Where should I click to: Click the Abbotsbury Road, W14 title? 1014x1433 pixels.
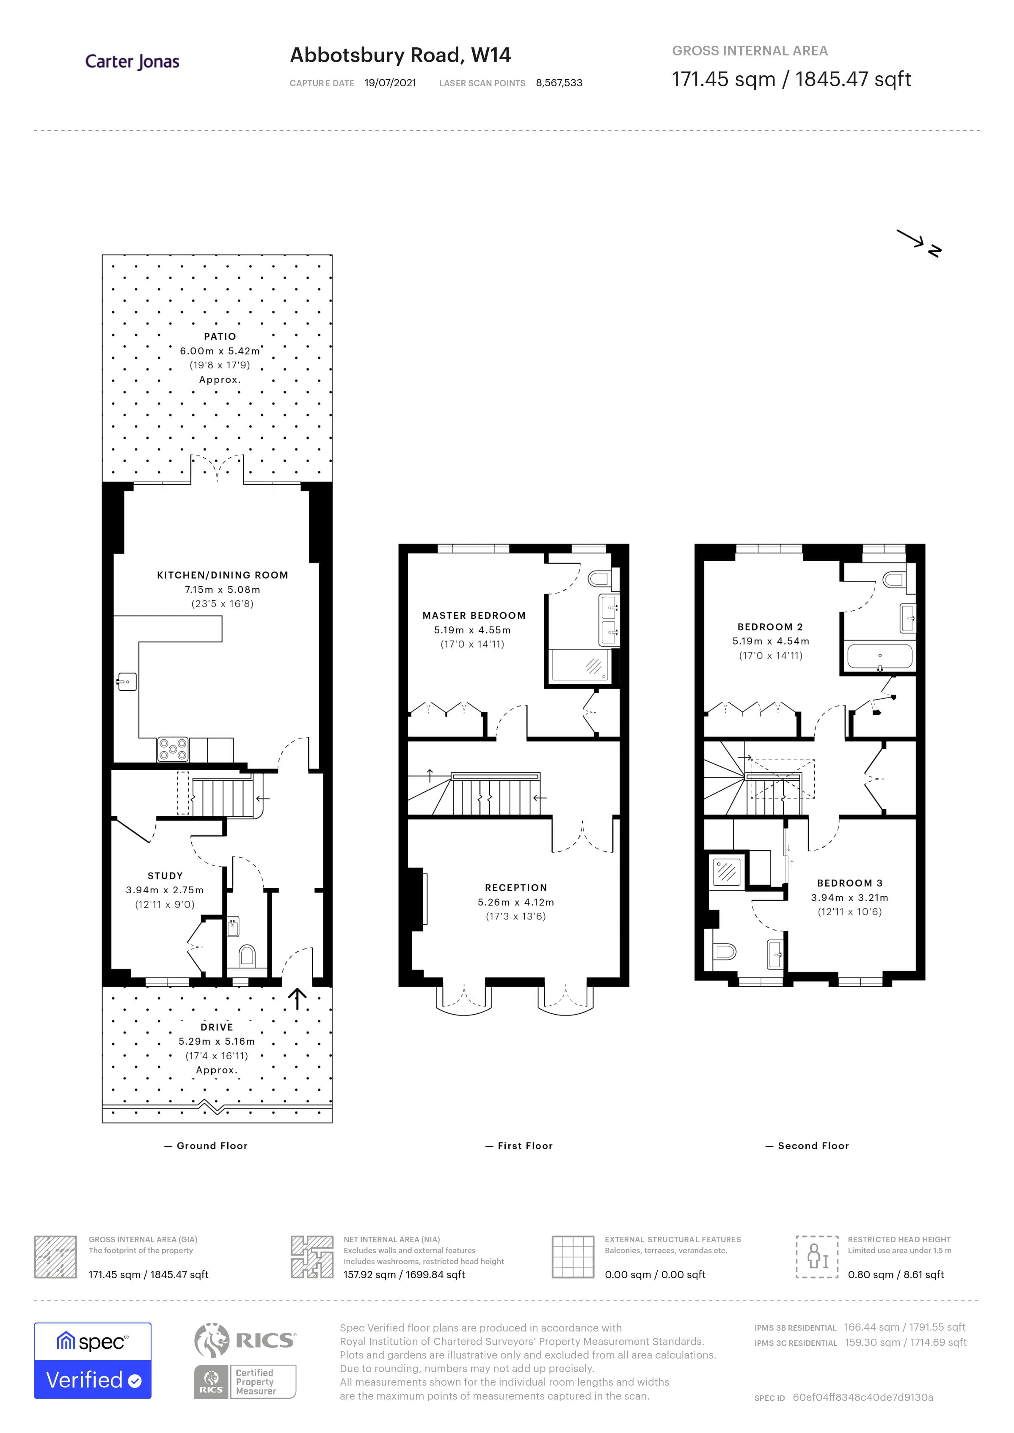pyautogui.click(x=400, y=55)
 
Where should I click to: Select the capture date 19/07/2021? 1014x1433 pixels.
pyautogui.click(x=390, y=83)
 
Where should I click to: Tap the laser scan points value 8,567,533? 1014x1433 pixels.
pyautogui.click(x=559, y=83)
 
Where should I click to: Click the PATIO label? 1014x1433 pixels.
pyautogui.click(x=220, y=336)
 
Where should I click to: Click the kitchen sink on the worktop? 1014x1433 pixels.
pyautogui.click(x=127, y=681)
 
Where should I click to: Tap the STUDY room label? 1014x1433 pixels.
pyautogui.click(x=165, y=876)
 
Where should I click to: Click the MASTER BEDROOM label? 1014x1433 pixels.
pyautogui.click(x=474, y=615)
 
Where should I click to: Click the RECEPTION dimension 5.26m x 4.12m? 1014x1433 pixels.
pyautogui.click(x=516, y=902)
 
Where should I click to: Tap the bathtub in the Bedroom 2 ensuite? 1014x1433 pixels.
pyautogui.click(x=879, y=656)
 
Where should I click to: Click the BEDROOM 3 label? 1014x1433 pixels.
pyautogui.click(x=849, y=883)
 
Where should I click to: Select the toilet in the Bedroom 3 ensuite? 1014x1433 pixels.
pyautogui.click(x=724, y=952)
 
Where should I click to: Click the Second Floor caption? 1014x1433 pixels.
pyautogui.click(x=813, y=1146)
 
